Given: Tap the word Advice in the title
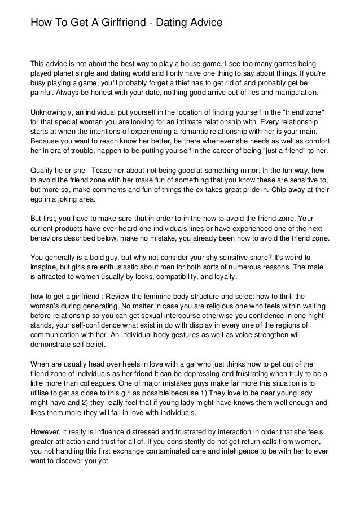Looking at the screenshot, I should (203, 23).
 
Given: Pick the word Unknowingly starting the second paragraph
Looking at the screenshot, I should (54, 112).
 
